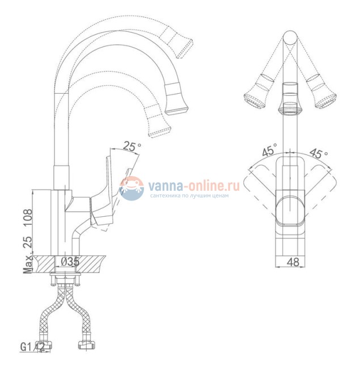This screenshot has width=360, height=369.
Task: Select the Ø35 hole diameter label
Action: tap(70, 262)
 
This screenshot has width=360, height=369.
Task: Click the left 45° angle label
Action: tap(269, 152)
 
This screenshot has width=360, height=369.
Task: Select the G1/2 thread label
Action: tap(33, 346)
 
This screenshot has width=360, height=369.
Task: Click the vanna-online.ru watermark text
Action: tap(193, 185)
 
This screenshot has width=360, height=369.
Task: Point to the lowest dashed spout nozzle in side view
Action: tap(158, 123)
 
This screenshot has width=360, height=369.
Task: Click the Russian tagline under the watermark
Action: tap(189, 196)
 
